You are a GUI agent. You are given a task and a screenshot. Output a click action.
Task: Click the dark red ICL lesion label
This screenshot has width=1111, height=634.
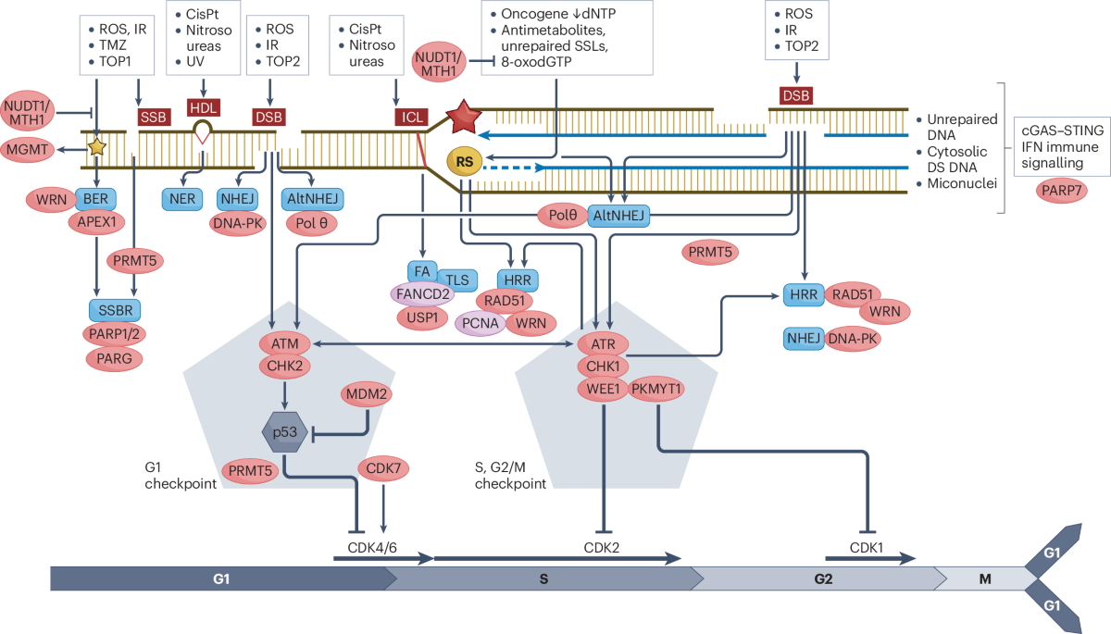(408, 117)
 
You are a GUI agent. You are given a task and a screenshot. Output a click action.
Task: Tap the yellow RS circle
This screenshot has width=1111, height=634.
(466, 161)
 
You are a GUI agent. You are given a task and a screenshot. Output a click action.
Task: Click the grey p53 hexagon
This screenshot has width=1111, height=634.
(285, 433)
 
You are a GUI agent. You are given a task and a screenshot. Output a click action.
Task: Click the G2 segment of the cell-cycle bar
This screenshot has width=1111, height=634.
(823, 578)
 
